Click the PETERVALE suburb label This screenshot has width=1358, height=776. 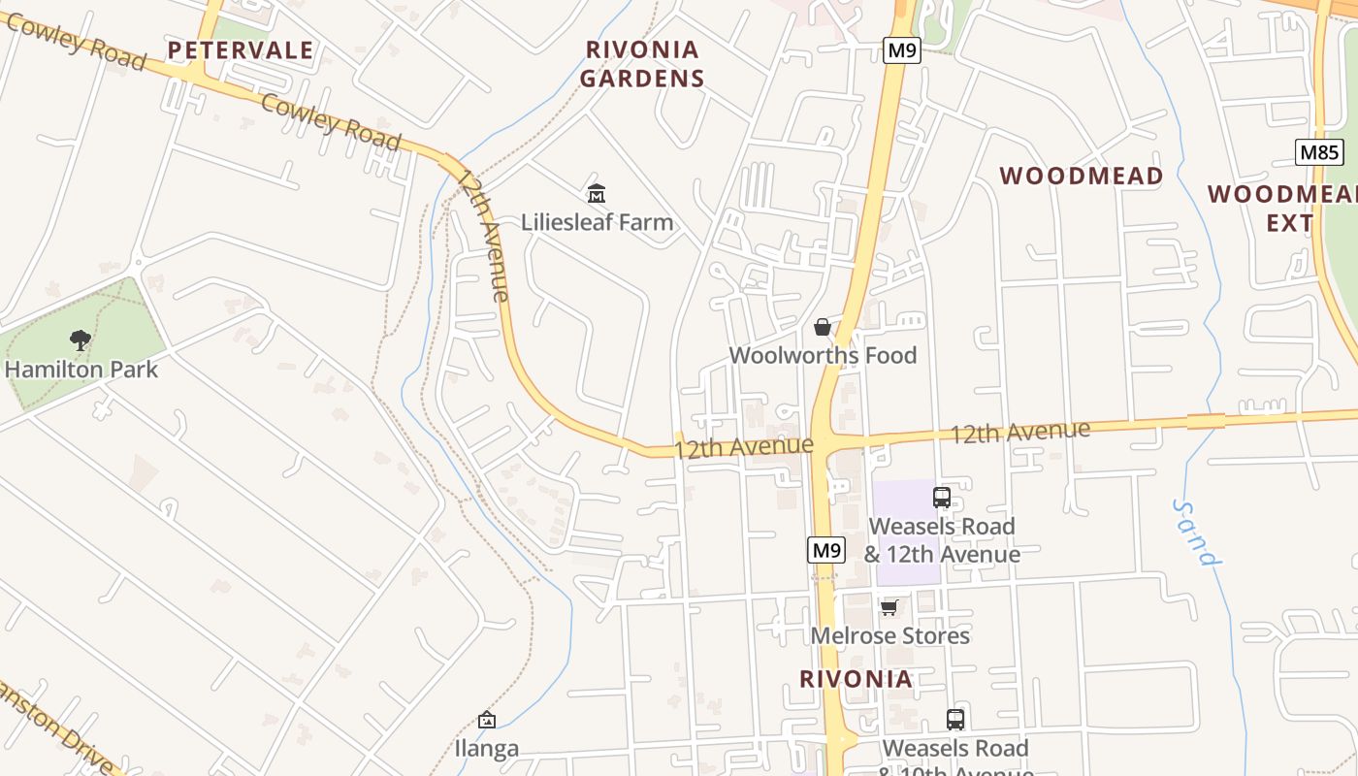pos(241,50)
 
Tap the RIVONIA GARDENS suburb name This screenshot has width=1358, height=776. pos(642,64)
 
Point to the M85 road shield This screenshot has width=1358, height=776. pos(1318,152)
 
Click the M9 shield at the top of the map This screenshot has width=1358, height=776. pos(901,50)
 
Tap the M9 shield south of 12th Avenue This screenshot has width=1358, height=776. pos(825,550)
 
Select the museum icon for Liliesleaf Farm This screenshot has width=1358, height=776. pos(597,194)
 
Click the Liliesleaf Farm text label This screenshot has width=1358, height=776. pos(597,222)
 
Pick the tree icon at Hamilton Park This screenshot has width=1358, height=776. pos(81,340)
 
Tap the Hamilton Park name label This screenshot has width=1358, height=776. pos(81,369)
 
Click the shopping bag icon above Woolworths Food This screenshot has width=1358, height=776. pos(823,327)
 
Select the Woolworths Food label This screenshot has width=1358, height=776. pos(823,355)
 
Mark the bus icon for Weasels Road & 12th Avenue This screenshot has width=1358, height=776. pos(942,498)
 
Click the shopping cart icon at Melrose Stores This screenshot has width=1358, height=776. pos(889,607)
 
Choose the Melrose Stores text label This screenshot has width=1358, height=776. pos(889,635)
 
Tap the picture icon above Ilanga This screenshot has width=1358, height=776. pos(487,720)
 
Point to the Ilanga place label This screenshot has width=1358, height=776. pos(487,749)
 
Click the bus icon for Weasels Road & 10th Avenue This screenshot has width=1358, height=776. pos(955,720)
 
